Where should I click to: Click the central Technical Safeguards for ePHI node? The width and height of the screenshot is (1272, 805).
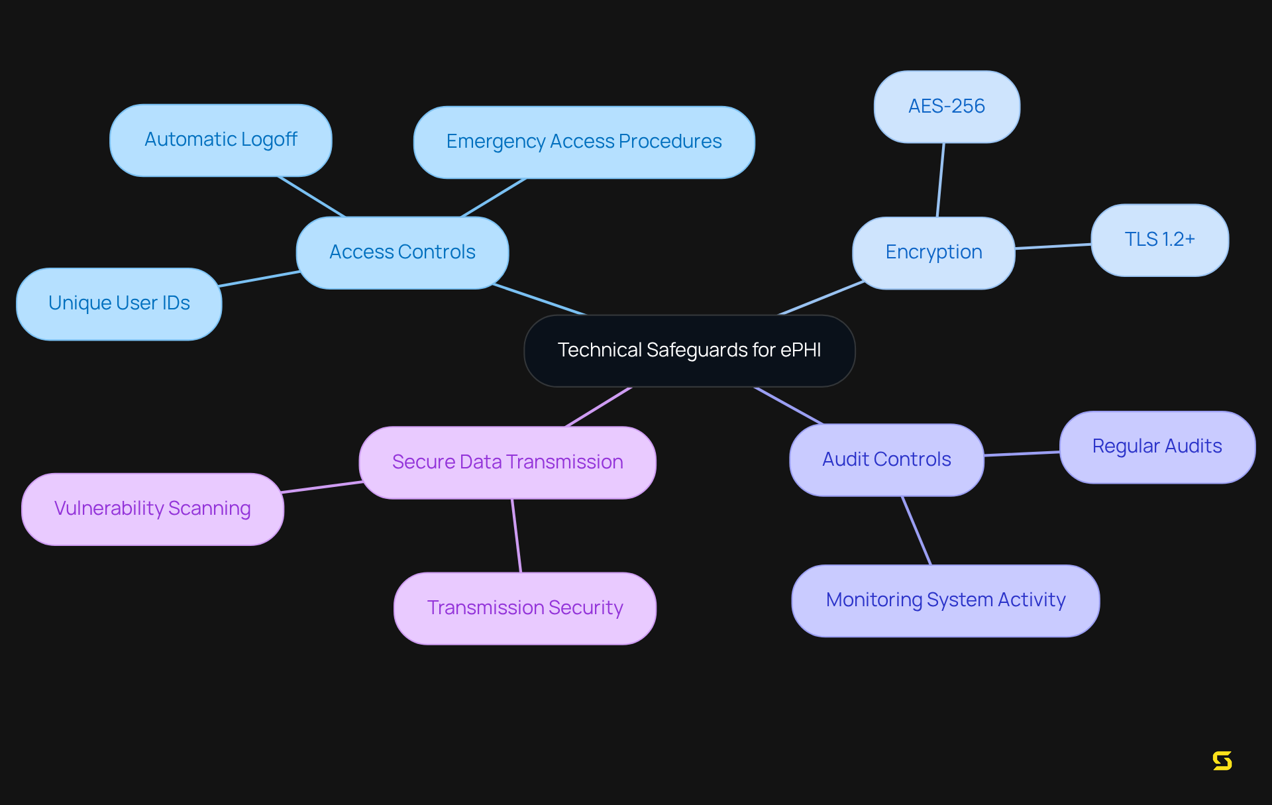pos(689,350)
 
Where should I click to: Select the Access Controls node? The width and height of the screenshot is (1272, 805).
pos(402,252)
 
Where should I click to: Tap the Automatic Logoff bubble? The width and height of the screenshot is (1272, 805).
pos(221,140)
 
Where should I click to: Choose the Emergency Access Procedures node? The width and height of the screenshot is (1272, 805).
pos(584,142)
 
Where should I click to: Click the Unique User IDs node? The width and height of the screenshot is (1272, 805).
pos(119,303)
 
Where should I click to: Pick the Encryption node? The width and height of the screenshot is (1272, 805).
pos(933,252)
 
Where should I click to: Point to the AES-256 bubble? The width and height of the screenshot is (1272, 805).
pos(947,107)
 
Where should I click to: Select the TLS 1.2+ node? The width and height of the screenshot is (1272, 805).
pos(1159,240)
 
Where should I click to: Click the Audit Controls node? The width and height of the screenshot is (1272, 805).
pos(886,460)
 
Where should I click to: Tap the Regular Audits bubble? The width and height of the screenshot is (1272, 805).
pos(1157,447)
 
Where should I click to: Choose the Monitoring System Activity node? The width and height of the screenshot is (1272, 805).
pos(945,600)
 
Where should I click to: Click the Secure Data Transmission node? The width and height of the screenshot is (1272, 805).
pos(507,462)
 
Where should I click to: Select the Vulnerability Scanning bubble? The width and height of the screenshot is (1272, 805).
pos(152,509)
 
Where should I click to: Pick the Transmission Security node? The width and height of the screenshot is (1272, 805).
pos(525,608)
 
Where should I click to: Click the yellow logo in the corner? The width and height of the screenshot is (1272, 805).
pos(1222,761)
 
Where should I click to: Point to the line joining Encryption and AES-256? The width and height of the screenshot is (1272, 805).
pos(941,180)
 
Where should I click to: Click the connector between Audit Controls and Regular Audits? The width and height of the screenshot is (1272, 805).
pos(1022,454)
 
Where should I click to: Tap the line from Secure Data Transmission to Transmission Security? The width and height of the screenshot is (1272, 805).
pos(517,535)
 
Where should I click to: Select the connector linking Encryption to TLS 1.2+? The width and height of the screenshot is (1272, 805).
pos(1053,246)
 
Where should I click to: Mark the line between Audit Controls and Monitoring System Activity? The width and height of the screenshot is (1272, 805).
pos(917,530)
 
